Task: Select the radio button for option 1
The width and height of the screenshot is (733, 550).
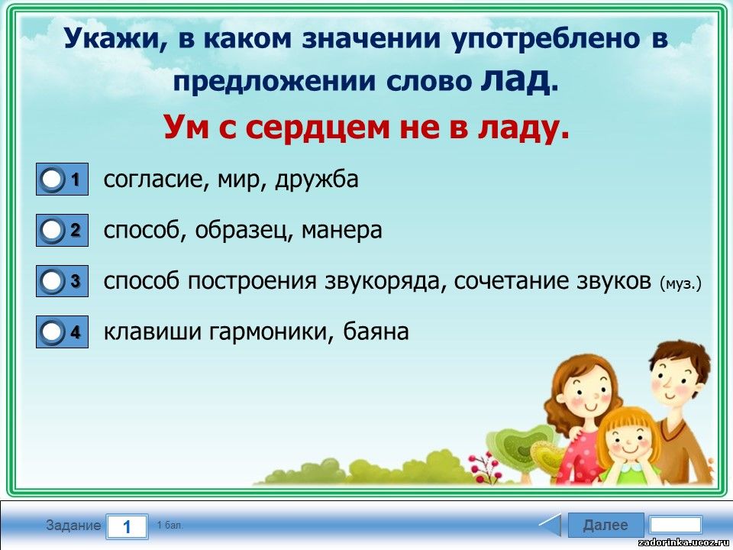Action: coord(51,179)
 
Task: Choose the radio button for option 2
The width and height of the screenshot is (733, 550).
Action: coord(51,230)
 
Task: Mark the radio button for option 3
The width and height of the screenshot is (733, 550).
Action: coord(51,281)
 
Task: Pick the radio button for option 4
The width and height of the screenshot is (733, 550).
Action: coord(51,332)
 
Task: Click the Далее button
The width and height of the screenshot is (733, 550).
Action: coord(605,525)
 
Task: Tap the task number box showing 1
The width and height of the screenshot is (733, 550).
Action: coord(128,526)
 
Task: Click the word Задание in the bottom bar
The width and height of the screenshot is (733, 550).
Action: coord(73,526)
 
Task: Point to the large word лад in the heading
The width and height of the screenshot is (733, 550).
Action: coord(515,80)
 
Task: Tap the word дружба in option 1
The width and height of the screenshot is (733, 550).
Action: coord(317,180)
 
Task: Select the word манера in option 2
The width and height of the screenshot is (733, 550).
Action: coord(342,230)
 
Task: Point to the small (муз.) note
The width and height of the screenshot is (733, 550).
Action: coord(680,283)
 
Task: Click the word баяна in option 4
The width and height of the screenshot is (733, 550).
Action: coord(376,332)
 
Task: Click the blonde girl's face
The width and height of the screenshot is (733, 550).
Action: coord(628,440)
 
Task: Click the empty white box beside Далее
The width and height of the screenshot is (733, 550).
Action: coord(676,525)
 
